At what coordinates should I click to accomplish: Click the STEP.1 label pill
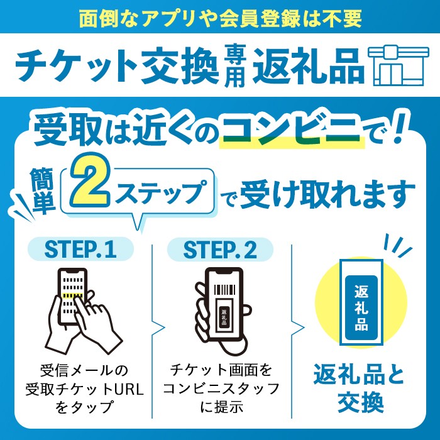[80, 249]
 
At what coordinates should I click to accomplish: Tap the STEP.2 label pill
[220, 250]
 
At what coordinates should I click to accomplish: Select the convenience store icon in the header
[399, 65]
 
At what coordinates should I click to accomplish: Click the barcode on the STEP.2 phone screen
[224, 290]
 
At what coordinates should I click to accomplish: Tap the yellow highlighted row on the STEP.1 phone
[72, 295]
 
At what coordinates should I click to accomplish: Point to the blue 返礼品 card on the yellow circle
[361, 307]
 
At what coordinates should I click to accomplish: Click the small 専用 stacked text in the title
[236, 65]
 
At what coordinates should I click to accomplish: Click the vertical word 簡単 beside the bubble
[42, 190]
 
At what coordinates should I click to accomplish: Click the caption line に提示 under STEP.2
[221, 407]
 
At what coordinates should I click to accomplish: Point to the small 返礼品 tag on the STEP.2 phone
[224, 317]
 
